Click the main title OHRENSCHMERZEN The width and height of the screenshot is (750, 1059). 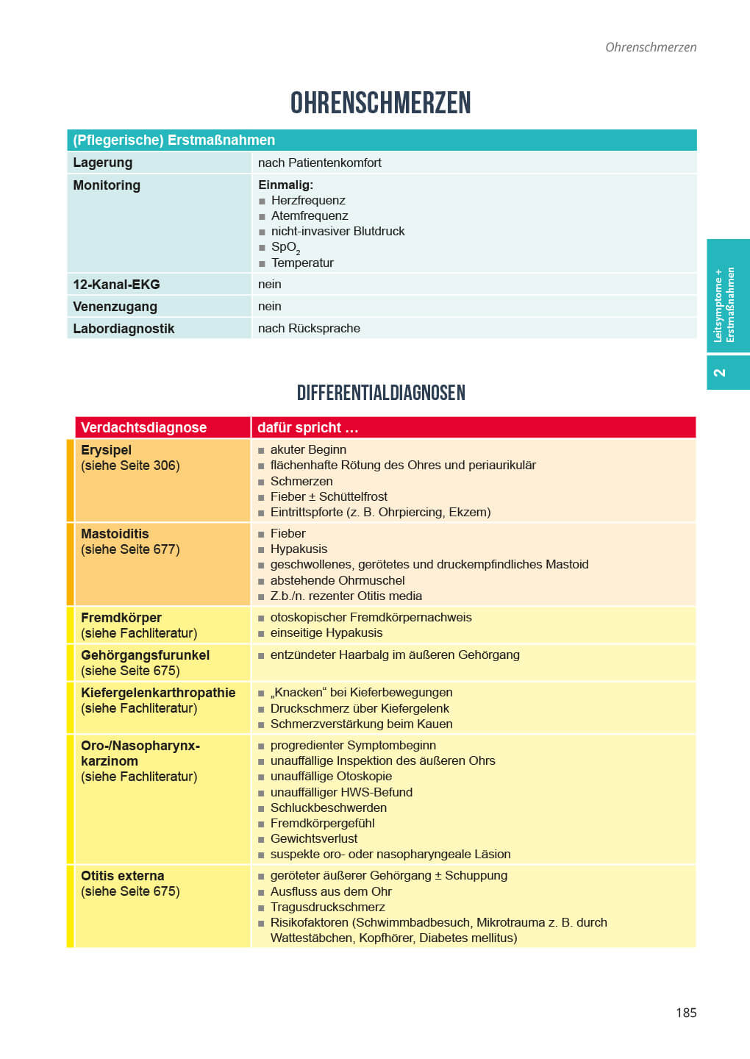(380, 103)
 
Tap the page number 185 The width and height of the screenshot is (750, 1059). (685, 1013)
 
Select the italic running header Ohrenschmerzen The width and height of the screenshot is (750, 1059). (650, 47)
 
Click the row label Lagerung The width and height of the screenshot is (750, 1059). (103, 163)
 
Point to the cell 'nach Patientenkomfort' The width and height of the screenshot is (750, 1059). (320, 163)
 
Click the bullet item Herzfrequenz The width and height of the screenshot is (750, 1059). (308, 200)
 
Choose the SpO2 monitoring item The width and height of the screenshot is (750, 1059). (285, 247)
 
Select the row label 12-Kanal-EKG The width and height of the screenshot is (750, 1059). (116, 285)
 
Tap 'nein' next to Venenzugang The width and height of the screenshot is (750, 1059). (270, 307)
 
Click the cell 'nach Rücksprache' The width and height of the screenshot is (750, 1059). (309, 329)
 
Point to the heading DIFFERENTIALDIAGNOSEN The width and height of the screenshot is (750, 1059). (381, 393)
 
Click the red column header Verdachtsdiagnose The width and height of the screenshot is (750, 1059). (143, 427)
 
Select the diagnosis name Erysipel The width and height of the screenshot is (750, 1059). (106, 450)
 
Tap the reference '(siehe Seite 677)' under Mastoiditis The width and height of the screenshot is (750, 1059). (130, 549)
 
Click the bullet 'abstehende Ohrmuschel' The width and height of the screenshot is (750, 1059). (337, 580)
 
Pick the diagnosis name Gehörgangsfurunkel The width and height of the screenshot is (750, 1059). (145, 655)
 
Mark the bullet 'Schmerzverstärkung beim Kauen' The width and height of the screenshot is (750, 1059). (361, 724)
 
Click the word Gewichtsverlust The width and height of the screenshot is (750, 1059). (314, 838)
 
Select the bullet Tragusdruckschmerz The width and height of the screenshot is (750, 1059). (328, 907)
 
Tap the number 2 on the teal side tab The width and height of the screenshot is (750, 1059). (719, 373)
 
